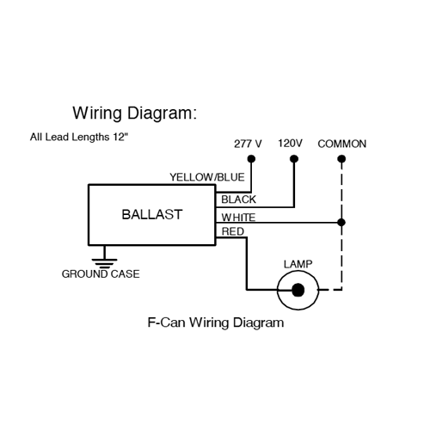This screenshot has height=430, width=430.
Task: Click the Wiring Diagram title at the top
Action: coord(135,114)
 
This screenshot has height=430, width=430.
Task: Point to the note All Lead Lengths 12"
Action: coord(79,137)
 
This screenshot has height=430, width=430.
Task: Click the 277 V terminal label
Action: coord(248,144)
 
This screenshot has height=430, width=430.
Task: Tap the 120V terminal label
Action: coord(290,143)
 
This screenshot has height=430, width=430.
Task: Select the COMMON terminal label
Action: coord(342,144)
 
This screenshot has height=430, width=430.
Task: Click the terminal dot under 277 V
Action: coord(251,158)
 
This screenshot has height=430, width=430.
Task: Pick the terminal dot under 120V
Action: coord(294,158)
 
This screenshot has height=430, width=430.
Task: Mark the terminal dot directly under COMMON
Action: coord(341,158)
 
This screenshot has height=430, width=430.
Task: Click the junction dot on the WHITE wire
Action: coord(341,222)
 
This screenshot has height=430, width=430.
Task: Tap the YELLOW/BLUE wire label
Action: coord(207,177)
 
